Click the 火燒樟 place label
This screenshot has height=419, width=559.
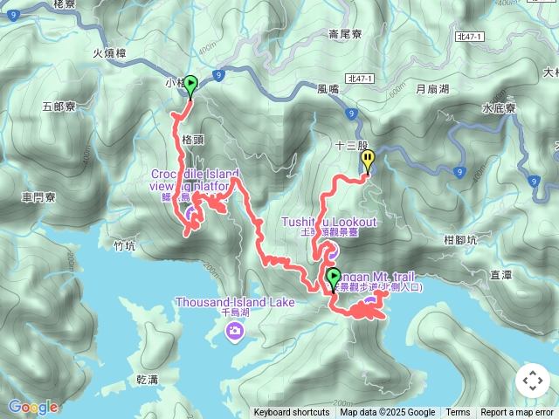click(x=110, y=53)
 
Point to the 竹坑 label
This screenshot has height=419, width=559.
click(x=125, y=246)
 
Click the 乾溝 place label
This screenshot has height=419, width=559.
click(x=148, y=380)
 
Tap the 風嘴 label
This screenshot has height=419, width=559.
click(x=328, y=89)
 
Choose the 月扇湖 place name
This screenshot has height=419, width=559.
click(x=431, y=89)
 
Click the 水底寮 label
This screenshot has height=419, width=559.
click(x=500, y=109)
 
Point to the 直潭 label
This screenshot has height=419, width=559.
click(x=500, y=274)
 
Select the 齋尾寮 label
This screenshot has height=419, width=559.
click(x=345, y=35)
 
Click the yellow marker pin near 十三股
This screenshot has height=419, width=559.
click(x=369, y=161)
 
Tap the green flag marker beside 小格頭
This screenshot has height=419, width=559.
click(x=190, y=85)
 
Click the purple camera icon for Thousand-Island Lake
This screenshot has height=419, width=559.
click(x=234, y=330)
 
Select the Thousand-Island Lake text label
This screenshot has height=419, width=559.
click(x=235, y=303)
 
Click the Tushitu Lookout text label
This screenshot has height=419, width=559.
click(x=328, y=222)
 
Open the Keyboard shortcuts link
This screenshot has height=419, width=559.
click(x=292, y=413)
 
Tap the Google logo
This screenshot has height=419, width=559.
click(x=33, y=407)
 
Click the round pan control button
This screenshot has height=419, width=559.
click(x=532, y=381)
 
